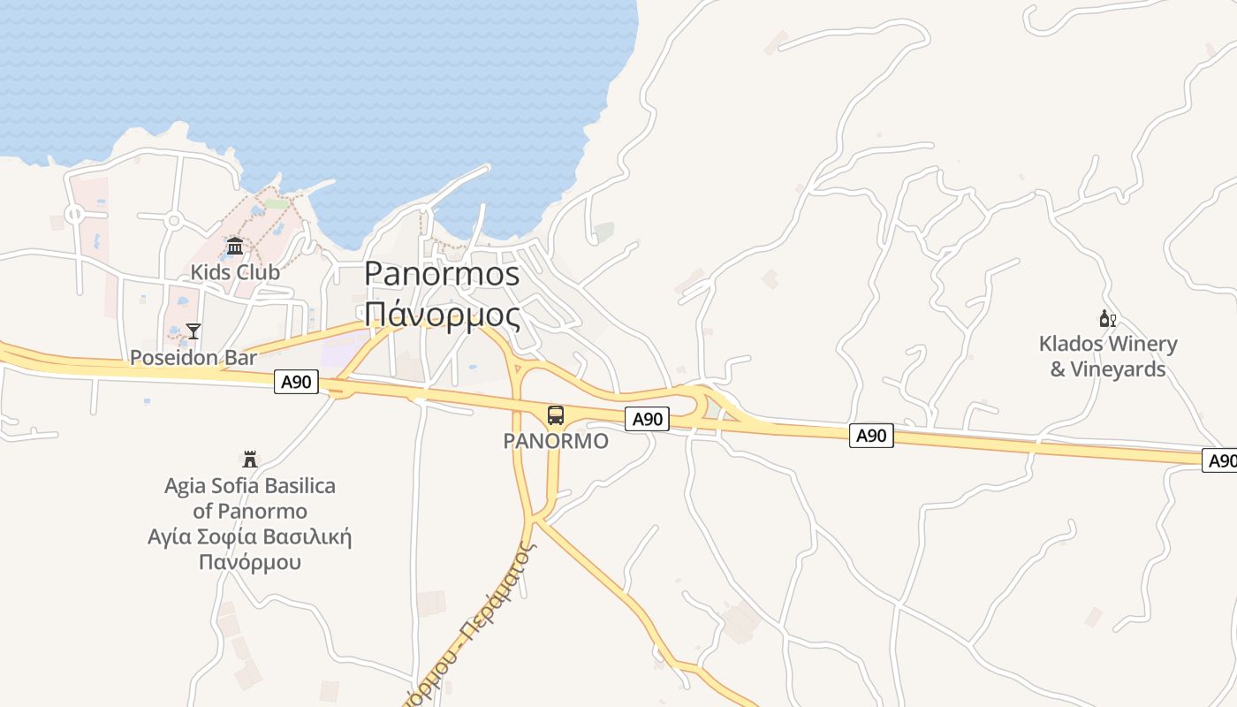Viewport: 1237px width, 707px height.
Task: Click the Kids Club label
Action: (235, 272)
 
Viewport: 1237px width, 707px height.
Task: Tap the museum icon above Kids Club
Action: (235, 246)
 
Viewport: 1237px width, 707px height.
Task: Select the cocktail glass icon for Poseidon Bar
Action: (194, 331)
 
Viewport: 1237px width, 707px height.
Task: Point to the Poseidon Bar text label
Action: (194, 358)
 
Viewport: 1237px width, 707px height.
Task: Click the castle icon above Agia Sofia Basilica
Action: (250, 460)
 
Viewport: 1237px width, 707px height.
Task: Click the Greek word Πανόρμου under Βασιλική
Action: (250, 562)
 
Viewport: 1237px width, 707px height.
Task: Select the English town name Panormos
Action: (442, 274)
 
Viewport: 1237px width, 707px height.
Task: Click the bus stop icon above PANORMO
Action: (556, 415)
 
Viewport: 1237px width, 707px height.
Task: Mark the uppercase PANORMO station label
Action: (556, 441)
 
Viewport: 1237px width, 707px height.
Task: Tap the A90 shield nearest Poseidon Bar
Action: (296, 382)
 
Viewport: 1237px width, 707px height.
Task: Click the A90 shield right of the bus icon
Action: (648, 419)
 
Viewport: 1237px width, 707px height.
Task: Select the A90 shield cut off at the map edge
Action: (1221, 460)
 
